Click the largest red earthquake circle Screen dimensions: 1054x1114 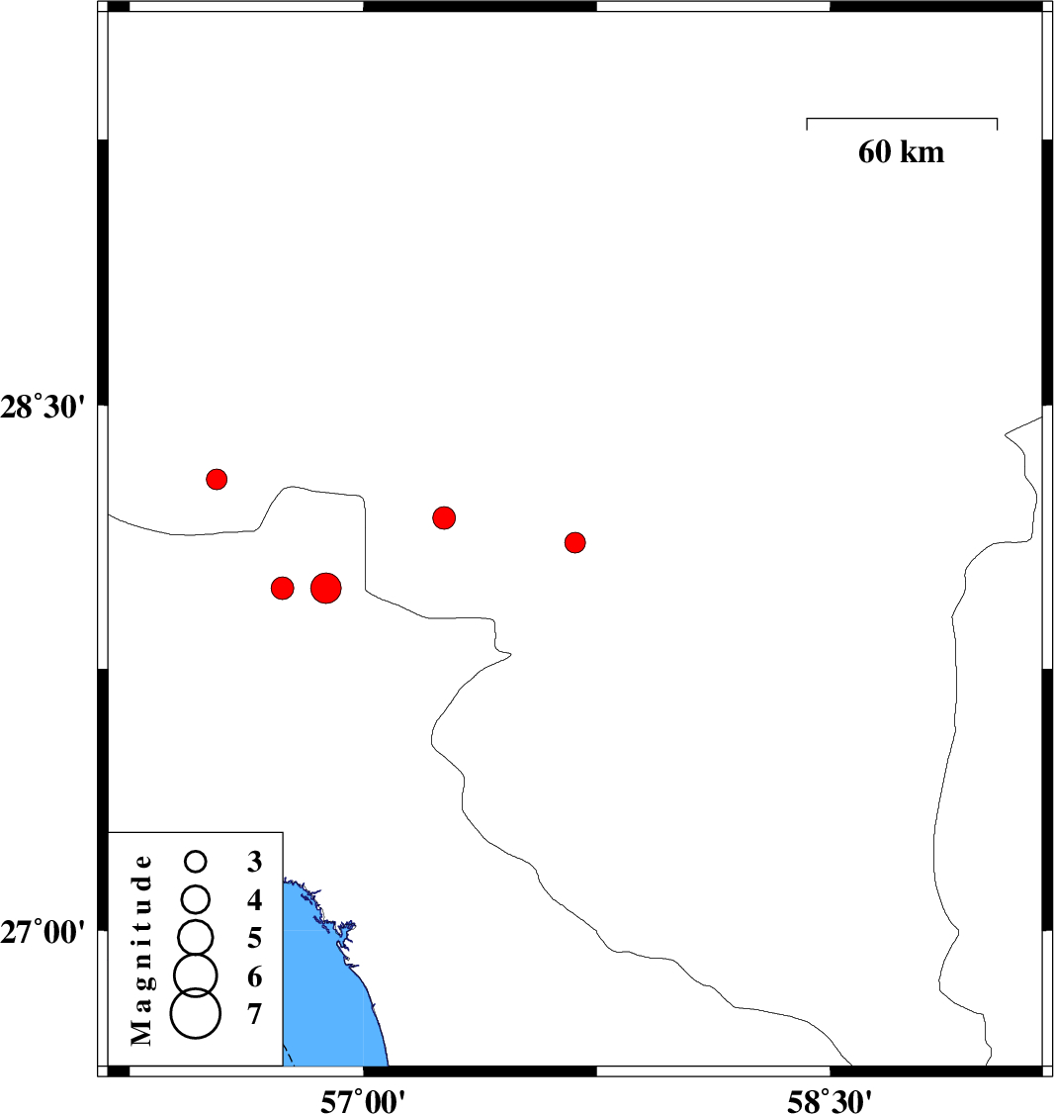(x=326, y=589)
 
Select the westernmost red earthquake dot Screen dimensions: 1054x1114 (x=217, y=480)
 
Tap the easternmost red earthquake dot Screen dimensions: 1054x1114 (x=575, y=543)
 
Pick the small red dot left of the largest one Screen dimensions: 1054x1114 (x=283, y=589)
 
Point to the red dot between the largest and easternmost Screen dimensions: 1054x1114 (x=444, y=518)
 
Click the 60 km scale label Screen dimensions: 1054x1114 (x=902, y=152)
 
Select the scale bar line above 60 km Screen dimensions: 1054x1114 (x=902, y=119)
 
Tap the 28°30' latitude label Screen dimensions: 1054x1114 (x=43, y=408)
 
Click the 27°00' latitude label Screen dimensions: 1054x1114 (x=43, y=932)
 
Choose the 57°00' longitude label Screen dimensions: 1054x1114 (x=363, y=1101)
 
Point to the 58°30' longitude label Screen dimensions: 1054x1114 (x=830, y=1101)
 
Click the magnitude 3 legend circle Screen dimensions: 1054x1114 (x=196, y=862)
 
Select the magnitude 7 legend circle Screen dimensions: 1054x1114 (x=196, y=1014)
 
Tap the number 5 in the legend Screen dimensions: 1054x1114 (x=255, y=939)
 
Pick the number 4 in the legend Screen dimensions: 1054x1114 (x=255, y=900)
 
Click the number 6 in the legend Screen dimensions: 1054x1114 (x=255, y=976)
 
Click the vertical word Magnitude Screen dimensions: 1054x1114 (x=142, y=951)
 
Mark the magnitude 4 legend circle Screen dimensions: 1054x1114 (x=196, y=900)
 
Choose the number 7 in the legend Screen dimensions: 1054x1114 (x=255, y=1014)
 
